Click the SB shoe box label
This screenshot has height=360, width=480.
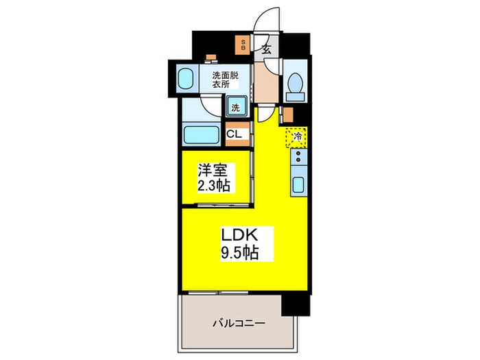coord(242,46)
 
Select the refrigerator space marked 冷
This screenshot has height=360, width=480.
coord(297,137)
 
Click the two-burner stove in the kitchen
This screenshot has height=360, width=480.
coord(298,159)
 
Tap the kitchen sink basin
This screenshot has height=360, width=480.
coord(298,184)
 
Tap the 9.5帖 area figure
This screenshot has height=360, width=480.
coord(240,252)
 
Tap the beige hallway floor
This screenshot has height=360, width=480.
coord(266,84)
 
